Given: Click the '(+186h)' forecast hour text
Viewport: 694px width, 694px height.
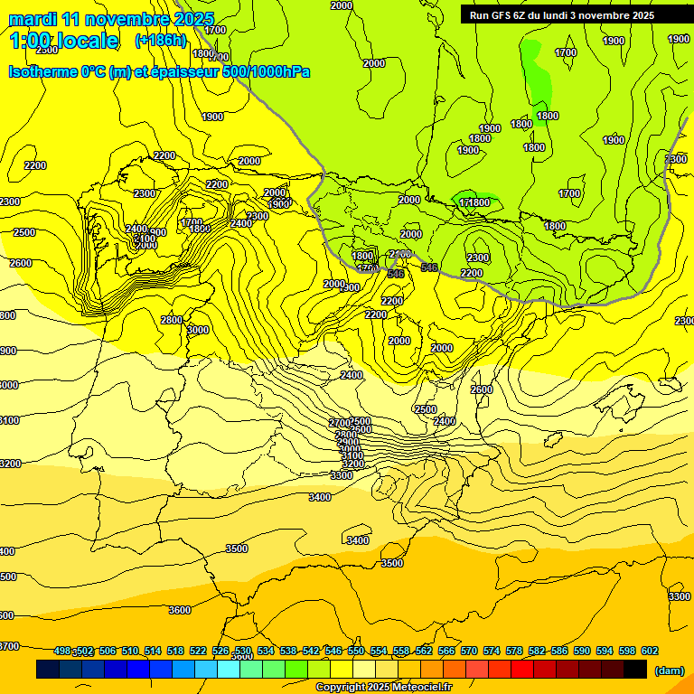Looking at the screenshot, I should coord(160,40).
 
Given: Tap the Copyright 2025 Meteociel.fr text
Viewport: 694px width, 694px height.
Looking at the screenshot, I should coord(383,688).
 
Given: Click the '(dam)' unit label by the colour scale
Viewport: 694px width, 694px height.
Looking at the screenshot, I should coord(668,670).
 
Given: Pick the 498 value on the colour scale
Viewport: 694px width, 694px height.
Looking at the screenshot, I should coord(62,651).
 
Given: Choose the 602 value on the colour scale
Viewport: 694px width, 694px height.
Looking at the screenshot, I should coord(650,651).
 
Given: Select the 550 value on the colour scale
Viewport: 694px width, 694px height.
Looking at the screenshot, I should coord(356,651).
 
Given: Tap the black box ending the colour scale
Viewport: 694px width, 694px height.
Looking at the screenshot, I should coord(634,670).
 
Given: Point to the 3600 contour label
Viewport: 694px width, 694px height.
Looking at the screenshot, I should coord(180,610).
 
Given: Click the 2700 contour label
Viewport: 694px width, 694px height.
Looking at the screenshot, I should coord(339,423).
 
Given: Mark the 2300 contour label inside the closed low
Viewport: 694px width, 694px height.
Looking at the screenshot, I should coord(478,258).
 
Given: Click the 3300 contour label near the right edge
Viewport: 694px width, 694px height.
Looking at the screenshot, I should coord(679,596).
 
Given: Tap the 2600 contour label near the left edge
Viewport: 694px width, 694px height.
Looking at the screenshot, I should coord(20,263).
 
